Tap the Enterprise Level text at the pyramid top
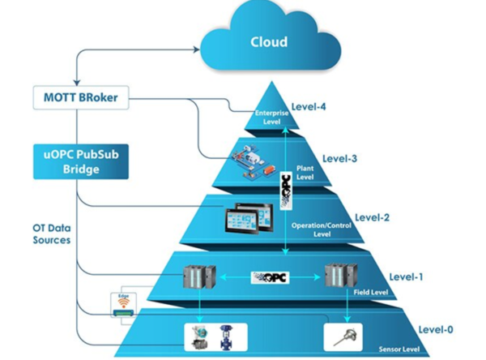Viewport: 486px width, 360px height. (x=271, y=118)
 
